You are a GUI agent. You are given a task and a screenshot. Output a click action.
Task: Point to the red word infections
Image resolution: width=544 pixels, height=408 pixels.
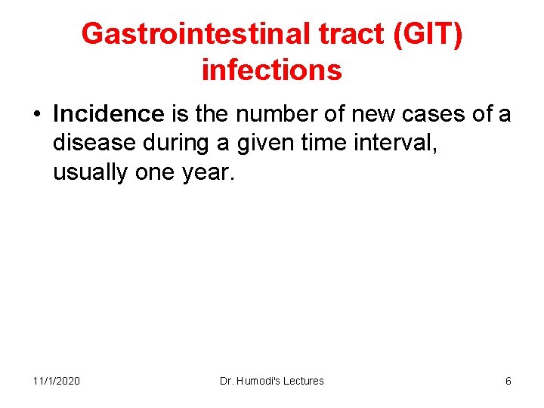[272, 70]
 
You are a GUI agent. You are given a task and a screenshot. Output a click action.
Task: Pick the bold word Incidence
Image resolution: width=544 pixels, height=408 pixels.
[109, 114]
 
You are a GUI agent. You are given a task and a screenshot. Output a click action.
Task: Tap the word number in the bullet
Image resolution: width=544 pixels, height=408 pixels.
[265, 114]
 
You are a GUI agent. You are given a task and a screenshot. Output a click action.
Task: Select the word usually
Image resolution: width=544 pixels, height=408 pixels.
[91, 172]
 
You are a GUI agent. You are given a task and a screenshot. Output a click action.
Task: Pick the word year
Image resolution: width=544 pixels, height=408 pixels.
[209, 172]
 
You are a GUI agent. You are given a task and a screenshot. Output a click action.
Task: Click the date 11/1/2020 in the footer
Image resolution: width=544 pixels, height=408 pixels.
[57, 381]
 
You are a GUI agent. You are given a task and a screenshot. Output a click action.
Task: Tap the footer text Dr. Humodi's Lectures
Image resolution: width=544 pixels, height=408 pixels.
[271, 381]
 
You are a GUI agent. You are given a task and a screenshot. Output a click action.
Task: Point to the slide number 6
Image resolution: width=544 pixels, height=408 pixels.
[508, 381]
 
